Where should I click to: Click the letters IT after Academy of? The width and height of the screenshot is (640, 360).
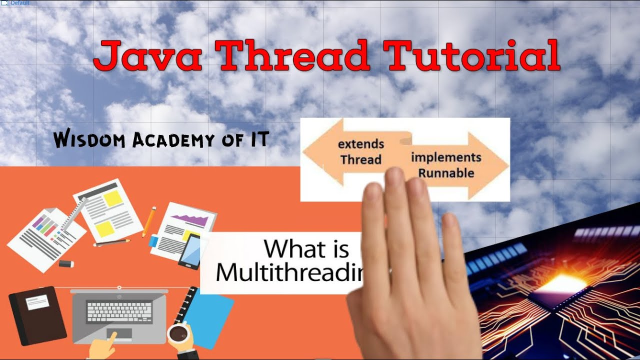point(256,139)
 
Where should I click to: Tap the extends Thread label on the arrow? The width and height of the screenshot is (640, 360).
point(360,152)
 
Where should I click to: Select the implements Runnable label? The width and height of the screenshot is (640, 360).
point(446,165)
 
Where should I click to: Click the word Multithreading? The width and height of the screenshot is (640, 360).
point(288,273)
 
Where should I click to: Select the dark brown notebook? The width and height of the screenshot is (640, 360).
point(37,315)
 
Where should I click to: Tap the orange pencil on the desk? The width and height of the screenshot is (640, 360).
point(149,221)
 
